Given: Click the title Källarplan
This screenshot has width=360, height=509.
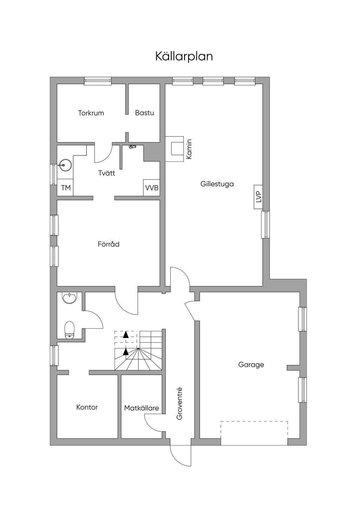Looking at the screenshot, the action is click(184, 56).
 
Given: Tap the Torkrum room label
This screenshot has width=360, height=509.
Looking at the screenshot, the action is click(91, 113).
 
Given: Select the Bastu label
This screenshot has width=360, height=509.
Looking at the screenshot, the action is click(144, 113).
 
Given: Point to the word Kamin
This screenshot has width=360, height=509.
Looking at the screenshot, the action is click(189, 149).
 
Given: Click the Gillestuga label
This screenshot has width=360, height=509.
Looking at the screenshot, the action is click(217, 184).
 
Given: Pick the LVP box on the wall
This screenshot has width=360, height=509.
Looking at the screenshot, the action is click(258, 197).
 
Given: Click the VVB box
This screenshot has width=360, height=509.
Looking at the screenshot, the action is click(152, 188).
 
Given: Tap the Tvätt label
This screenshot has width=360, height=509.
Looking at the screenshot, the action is click(107, 173).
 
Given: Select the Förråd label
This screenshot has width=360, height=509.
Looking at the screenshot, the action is click(109, 244).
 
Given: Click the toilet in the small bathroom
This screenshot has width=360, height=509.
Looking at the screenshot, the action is click(70, 330).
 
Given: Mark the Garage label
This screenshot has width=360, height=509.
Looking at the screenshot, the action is click(251, 365).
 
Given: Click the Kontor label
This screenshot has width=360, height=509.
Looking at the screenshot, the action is click(87, 407).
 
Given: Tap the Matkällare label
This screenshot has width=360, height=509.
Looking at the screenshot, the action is click(141, 408).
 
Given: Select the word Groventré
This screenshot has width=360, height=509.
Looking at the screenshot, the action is click(179, 404).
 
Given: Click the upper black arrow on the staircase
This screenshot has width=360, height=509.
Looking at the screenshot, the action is click(126, 335).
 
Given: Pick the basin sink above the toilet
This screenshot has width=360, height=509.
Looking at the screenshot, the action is click(70, 298).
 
